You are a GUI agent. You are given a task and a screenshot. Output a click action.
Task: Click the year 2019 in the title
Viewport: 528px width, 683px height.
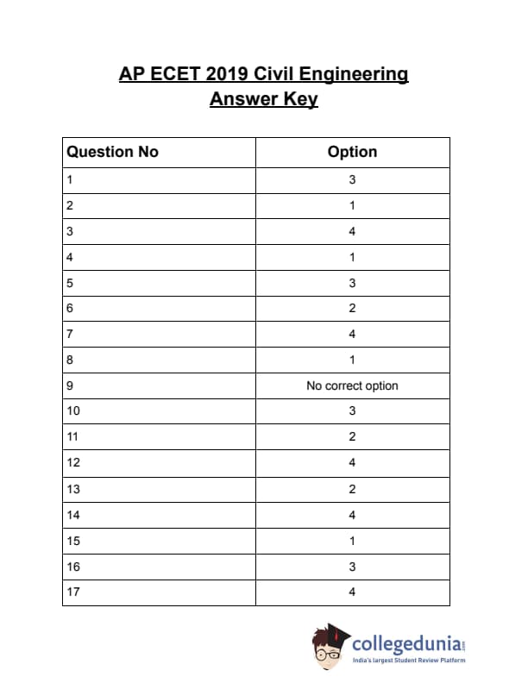tap(228, 74)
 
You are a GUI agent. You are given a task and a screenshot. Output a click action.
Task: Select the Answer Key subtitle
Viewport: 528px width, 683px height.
tap(264, 99)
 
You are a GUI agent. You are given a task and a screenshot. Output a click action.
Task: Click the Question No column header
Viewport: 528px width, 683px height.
tap(113, 152)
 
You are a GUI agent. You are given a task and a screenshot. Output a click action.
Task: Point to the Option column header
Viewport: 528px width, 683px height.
tap(352, 152)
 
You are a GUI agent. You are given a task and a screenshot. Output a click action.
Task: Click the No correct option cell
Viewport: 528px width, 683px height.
tap(352, 385)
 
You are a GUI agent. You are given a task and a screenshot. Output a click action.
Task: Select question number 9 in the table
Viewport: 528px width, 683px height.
tap(70, 385)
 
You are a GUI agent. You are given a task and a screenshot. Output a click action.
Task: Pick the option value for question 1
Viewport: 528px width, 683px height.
tap(352, 180)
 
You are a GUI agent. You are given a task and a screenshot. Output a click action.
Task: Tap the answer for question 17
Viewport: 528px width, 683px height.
tap(352, 592)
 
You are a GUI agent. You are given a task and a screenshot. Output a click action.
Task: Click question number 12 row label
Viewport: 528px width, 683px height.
tap(72, 463)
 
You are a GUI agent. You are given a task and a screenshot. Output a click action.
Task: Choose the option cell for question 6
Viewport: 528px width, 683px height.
tap(352, 309)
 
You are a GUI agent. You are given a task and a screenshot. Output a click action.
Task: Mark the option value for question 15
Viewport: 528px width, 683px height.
tap(352, 541)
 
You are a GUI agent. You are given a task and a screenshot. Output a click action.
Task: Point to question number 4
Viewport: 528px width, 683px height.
tap(70, 257)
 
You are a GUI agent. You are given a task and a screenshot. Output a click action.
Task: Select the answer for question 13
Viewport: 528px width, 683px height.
tap(352, 489)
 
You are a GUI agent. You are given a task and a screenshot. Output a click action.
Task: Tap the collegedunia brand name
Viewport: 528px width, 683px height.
tap(405, 644)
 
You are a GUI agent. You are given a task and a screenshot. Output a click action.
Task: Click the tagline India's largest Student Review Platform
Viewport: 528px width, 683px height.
tap(411, 661)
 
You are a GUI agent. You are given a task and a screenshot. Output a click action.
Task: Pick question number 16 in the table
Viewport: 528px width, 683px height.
tap(72, 567)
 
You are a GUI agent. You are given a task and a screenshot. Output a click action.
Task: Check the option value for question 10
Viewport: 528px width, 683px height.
tap(352, 411)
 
